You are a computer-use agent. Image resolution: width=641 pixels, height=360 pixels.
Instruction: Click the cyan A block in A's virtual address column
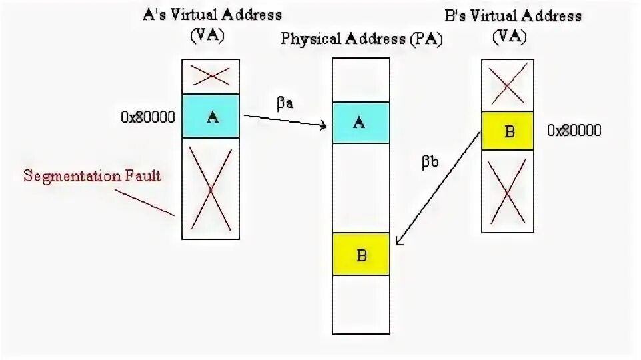pyautogui.click(x=211, y=117)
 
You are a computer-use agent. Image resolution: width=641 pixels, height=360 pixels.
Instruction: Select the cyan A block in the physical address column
pyautogui.click(x=360, y=123)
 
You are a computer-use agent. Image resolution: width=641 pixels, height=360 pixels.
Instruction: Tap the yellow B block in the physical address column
pyautogui.click(x=360, y=254)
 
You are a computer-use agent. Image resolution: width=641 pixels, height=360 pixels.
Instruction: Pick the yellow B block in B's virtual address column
pyautogui.click(x=508, y=130)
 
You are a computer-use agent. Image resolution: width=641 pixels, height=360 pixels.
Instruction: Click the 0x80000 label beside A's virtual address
pyautogui.click(x=148, y=117)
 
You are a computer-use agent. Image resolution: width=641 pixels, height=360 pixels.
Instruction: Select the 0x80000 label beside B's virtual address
pyautogui.click(x=574, y=131)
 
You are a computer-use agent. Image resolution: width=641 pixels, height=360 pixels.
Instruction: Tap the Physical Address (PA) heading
pyautogui.click(x=361, y=39)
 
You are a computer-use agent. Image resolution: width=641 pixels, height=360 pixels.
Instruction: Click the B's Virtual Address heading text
pyautogui.click(x=512, y=16)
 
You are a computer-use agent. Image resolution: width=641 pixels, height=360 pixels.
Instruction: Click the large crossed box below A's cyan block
pyautogui.click(x=211, y=189)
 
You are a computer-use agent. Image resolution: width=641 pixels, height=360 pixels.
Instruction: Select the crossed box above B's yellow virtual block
pyautogui.click(x=508, y=85)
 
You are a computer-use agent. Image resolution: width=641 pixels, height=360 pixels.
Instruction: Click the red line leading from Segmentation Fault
pyautogui.click(x=145, y=201)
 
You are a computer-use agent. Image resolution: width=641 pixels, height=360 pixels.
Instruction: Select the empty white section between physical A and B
pyautogui.click(x=360, y=188)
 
